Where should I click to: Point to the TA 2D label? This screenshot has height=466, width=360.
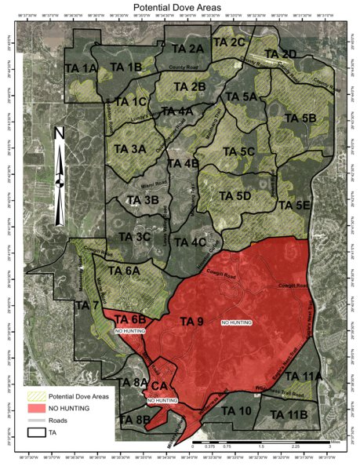(280, 53)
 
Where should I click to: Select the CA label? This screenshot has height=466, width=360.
(159, 386)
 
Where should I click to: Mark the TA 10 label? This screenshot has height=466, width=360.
(236, 410)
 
